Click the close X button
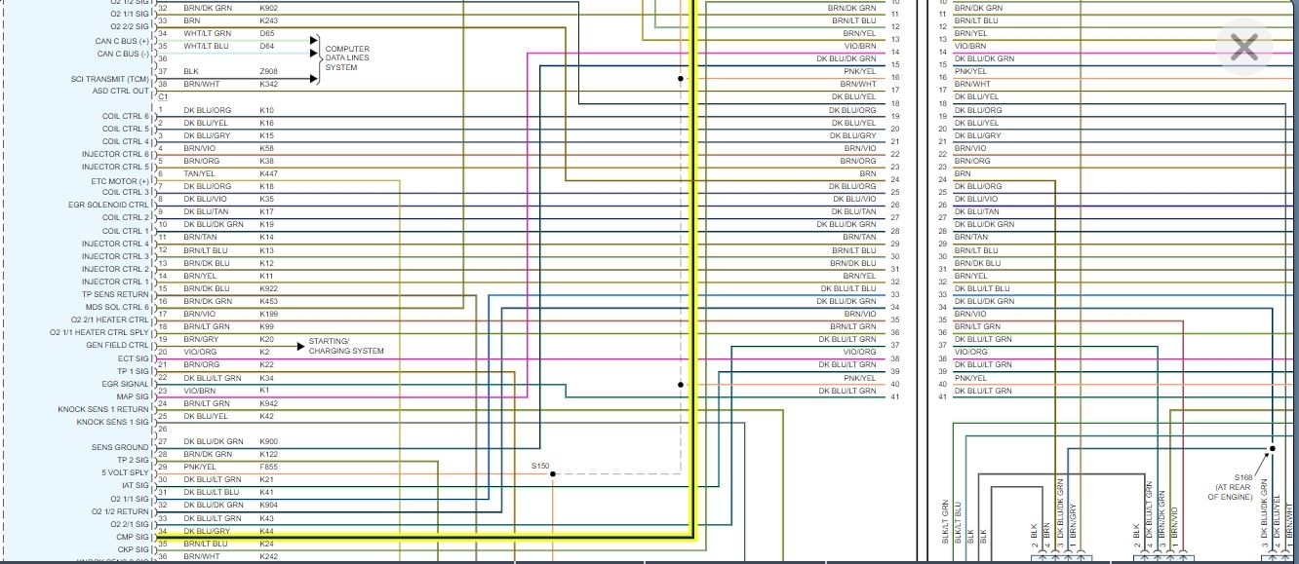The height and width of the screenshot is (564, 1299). (x=1243, y=47)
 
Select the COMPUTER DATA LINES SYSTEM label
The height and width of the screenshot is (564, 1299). (x=347, y=58)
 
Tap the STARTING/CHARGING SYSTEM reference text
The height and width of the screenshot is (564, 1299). (x=346, y=346)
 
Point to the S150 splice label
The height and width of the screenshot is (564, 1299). (x=540, y=467)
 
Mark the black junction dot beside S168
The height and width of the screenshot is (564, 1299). (x=1272, y=449)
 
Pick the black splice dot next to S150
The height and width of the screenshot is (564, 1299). (x=553, y=474)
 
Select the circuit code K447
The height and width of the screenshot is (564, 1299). (x=268, y=173)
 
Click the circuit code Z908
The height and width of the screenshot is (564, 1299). (x=268, y=71)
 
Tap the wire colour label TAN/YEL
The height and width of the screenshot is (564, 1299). (x=200, y=173)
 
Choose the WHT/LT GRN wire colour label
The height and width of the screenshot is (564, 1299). (x=208, y=33)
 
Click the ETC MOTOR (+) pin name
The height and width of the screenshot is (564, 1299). (x=120, y=180)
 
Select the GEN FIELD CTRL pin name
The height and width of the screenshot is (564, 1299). (x=117, y=345)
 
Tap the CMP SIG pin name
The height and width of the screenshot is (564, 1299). (x=133, y=536)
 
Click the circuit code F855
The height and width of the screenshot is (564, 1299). (x=268, y=467)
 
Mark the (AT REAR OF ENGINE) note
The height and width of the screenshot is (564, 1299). (x=1229, y=491)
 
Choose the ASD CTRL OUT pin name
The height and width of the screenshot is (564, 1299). (x=121, y=91)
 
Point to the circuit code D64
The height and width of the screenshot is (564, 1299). (x=266, y=46)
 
